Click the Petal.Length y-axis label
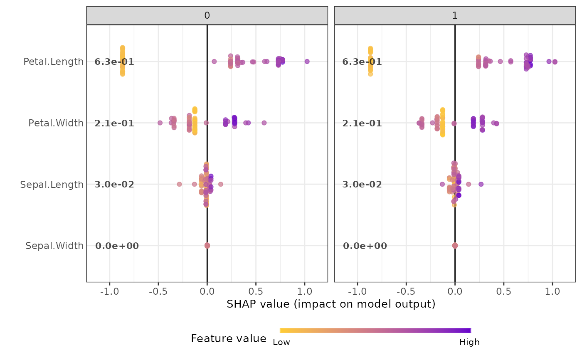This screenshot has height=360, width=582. (x=54, y=62)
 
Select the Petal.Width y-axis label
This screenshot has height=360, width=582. (x=56, y=123)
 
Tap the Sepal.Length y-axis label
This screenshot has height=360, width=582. (x=52, y=185)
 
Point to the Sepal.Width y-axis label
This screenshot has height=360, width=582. (x=54, y=246)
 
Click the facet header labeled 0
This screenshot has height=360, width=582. (x=207, y=15)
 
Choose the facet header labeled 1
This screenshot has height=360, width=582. (x=455, y=15)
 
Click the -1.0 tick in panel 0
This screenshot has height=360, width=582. (x=109, y=291)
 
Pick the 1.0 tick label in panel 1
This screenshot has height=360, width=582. (x=552, y=291)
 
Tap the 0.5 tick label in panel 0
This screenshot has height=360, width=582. (x=256, y=291)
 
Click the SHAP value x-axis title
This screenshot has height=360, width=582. (x=331, y=304)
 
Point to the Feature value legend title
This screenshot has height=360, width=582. (x=229, y=338)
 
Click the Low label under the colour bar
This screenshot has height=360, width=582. (x=281, y=342)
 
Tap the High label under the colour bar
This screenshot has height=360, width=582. (x=469, y=342)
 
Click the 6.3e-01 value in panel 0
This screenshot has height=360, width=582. (x=114, y=62)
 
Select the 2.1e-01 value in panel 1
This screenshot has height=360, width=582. (x=362, y=123)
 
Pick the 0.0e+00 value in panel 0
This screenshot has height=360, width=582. (x=117, y=246)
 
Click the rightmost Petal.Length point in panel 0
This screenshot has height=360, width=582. (x=307, y=62)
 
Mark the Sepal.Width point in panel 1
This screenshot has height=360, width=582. (x=455, y=245)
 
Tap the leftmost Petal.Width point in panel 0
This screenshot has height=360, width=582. (x=160, y=123)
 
